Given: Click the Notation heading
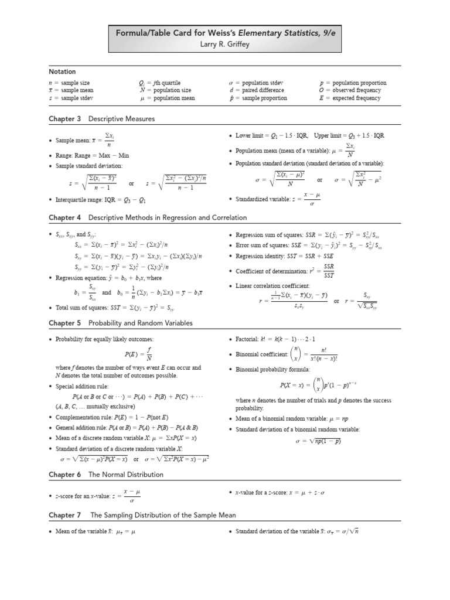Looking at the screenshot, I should (x=62, y=71).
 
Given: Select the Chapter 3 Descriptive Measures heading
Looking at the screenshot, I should (x=102, y=119).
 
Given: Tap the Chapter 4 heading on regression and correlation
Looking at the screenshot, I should (x=148, y=217).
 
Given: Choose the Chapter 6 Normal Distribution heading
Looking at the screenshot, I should (x=106, y=475).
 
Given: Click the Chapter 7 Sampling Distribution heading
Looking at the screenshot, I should (x=143, y=515).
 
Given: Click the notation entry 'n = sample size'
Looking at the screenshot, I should (x=69, y=83).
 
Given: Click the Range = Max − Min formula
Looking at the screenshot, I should (x=92, y=155).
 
